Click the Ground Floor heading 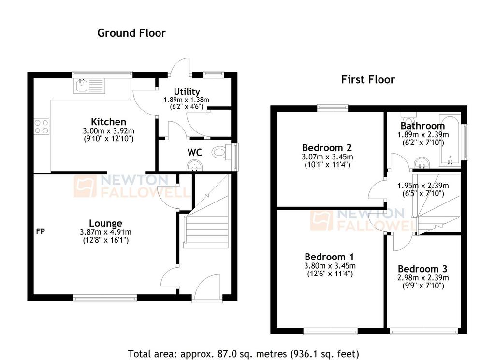(x=131, y=33)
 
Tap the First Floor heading (x=368, y=80)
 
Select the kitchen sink (x=90, y=86)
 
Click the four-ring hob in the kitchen (x=42, y=126)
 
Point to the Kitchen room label (x=108, y=122)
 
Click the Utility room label (x=187, y=92)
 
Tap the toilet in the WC (x=220, y=153)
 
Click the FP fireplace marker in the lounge (x=41, y=231)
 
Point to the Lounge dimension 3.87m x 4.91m (x=105, y=232)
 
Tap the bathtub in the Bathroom (x=450, y=142)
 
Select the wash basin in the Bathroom (x=422, y=163)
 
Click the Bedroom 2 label (x=327, y=148)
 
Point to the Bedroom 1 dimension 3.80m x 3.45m (x=330, y=266)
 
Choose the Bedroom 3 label (x=422, y=269)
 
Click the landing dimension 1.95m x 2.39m (x=423, y=186)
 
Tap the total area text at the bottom (x=244, y=354)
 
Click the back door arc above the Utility (x=179, y=65)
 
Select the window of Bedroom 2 (x=333, y=108)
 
